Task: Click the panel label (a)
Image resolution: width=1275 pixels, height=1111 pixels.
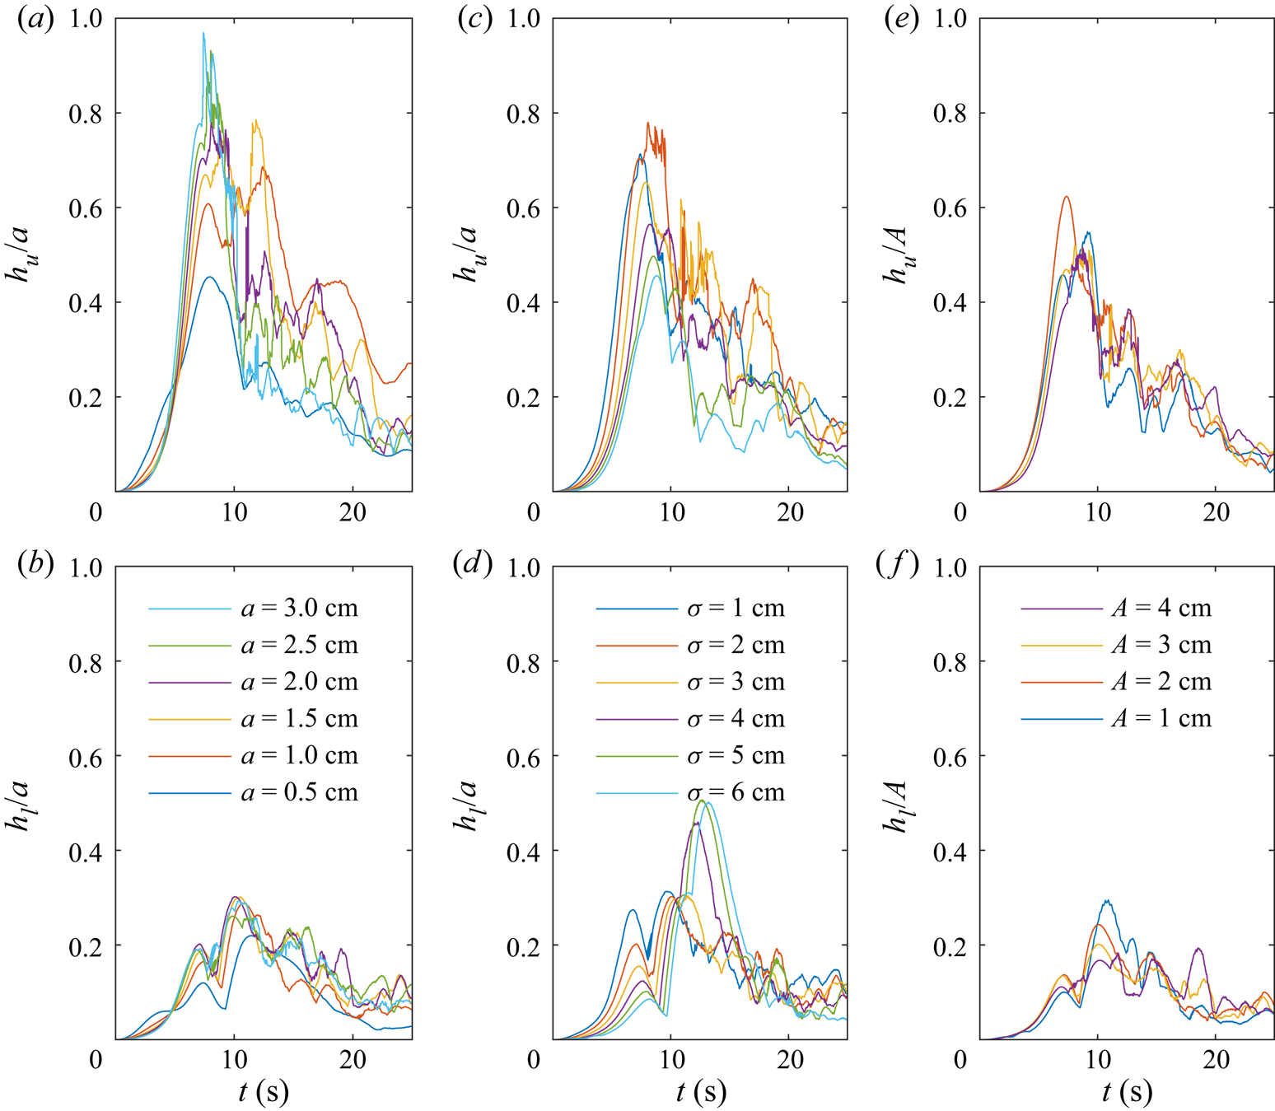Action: (x=35, y=19)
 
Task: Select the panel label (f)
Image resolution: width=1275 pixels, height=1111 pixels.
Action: (x=898, y=566)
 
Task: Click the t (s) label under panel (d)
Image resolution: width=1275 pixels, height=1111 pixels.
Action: (x=701, y=1092)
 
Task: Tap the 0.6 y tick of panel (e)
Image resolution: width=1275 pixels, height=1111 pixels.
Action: (x=949, y=208)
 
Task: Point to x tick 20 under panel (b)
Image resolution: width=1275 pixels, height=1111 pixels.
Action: (x=353, y=1059)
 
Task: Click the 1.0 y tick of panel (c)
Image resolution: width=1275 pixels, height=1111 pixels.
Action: (x=523, y=18)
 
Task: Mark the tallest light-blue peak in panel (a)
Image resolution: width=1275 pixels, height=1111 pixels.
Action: (x=203, y=33)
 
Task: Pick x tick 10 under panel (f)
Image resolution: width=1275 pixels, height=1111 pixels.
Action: (x=1098, y=1059)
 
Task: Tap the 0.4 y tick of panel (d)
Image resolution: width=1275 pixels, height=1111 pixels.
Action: (x=523, y=851)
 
